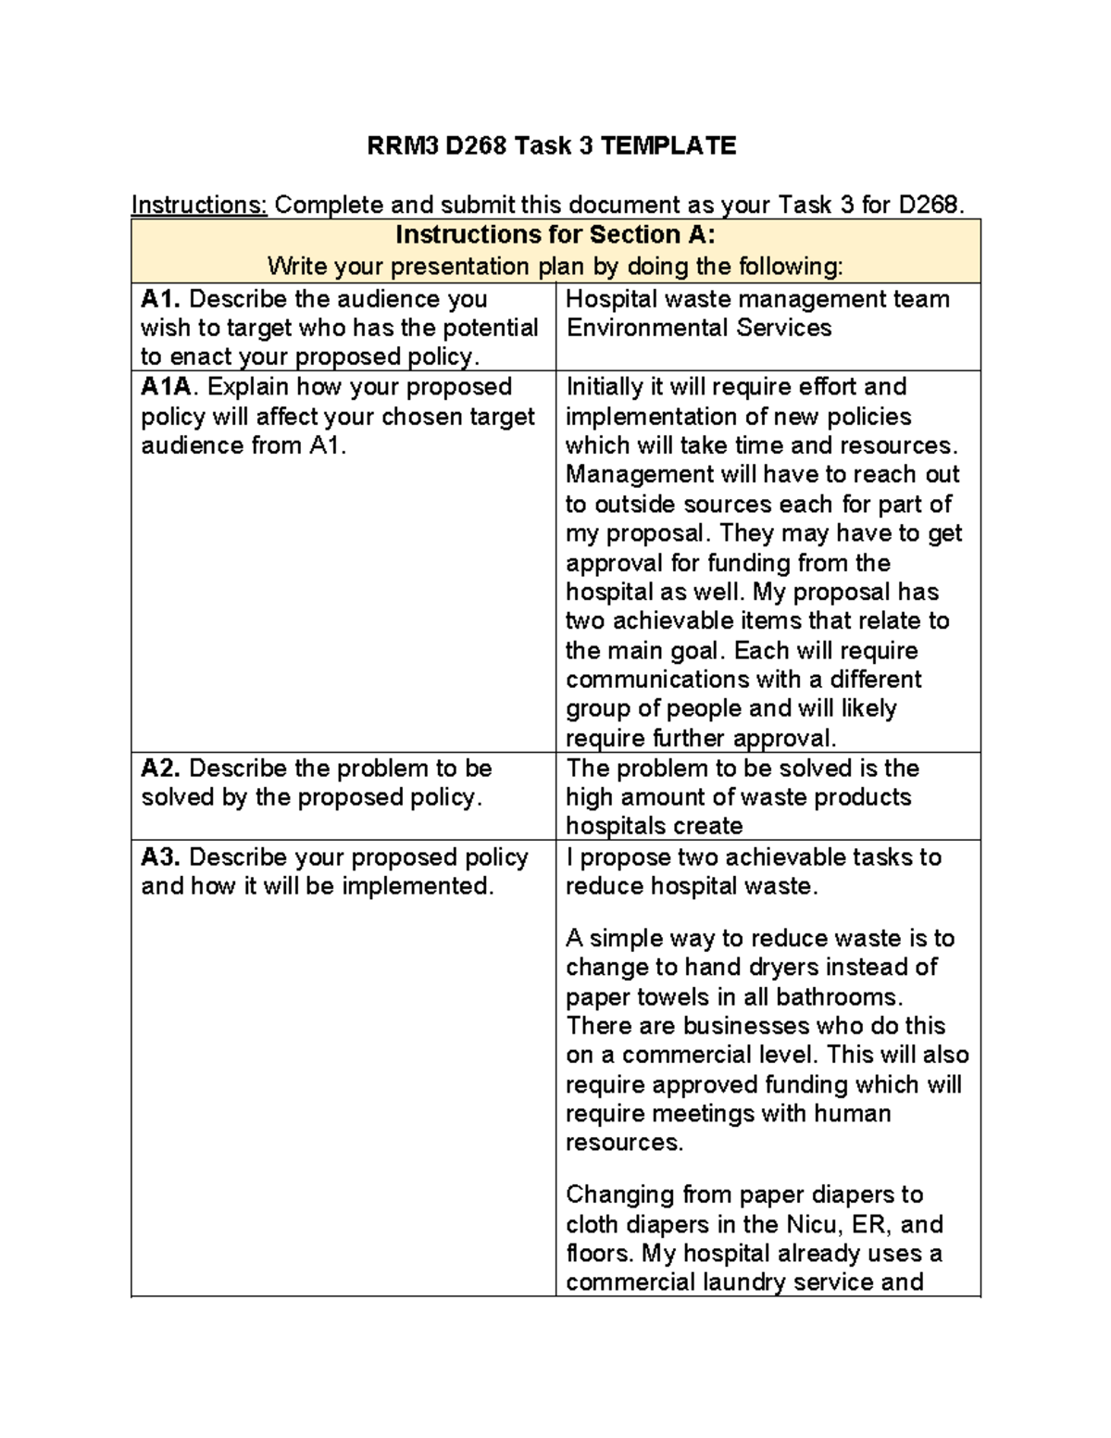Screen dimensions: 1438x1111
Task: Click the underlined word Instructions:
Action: pyautogui.click(x=199, y=205)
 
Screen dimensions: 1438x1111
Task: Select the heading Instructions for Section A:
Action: pyautogui.click(x=555, y=234)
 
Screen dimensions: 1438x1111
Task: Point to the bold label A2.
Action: pyautogui.click(x=161, y=769)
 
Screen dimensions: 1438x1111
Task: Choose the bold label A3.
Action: pyautogui.click(x=161, y=857)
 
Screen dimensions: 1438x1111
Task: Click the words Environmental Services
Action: pyautogui.click(x=698, y=328)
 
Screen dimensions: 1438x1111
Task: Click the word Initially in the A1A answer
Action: pyautogui.click(x=603, y=387)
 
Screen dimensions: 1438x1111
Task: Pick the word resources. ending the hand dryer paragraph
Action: pyautogui.click(x=624, y=1143)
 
